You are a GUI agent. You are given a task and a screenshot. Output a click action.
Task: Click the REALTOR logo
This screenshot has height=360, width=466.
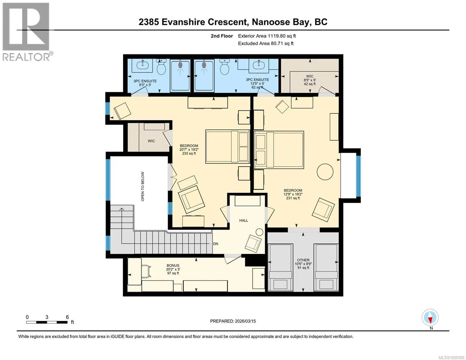coord(27,32)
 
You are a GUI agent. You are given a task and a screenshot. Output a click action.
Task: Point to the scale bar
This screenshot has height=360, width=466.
coord(47,322)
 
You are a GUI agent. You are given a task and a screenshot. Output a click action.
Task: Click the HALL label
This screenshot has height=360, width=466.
coord(243,220)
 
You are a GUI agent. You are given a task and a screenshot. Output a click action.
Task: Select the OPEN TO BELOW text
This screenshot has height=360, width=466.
coord(143,186)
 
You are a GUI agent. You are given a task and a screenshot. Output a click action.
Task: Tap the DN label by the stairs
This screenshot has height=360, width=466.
coord(215,244)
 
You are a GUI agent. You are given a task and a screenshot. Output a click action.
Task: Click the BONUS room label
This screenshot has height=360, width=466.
coord(173,269)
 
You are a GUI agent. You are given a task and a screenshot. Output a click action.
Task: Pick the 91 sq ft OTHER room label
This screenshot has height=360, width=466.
coord(303,264)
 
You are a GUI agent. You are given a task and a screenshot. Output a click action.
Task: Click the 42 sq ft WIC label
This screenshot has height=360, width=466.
coord(310,80)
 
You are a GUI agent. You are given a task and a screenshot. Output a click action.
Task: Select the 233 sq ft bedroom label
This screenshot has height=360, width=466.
coord(189,149)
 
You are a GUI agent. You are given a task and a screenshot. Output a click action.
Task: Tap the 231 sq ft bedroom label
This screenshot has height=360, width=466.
coord(293,194)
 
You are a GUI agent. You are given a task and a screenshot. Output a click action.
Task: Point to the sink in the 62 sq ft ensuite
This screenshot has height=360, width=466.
coord(258,64)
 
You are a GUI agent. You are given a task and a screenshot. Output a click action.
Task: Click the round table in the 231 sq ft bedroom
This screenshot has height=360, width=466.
coord(325,172)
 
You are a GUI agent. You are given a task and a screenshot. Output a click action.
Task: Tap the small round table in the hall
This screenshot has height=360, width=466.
coord(260,232)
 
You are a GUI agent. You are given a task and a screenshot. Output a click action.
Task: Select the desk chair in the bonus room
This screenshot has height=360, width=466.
coord(146,271)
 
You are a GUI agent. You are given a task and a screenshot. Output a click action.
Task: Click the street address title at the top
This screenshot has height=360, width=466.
coord(233,22)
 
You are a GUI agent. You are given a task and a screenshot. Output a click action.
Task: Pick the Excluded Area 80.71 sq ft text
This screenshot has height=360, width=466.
coord(266,43)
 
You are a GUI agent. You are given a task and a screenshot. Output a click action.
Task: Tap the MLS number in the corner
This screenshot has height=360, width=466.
coord(451,358)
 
